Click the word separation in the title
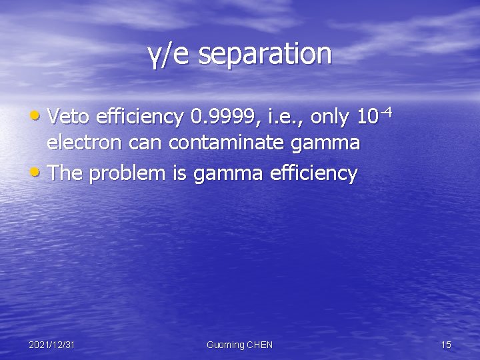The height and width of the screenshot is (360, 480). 265,54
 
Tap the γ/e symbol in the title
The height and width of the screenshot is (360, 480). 171,55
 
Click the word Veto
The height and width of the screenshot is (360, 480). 70,117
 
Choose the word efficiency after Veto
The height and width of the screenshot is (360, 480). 139,117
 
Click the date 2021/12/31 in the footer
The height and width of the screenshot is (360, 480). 51,345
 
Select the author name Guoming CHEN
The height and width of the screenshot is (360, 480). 239,345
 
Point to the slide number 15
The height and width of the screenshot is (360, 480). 446,345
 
